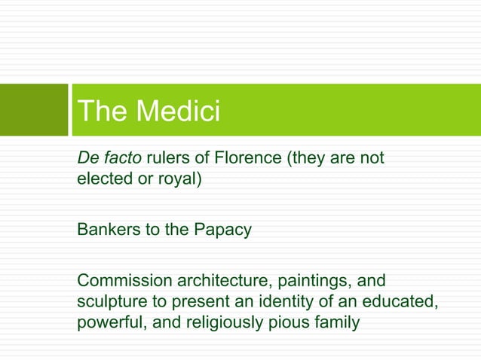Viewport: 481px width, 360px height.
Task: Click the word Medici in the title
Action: coord(179,111)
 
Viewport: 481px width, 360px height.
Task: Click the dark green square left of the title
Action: coord(33,110)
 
